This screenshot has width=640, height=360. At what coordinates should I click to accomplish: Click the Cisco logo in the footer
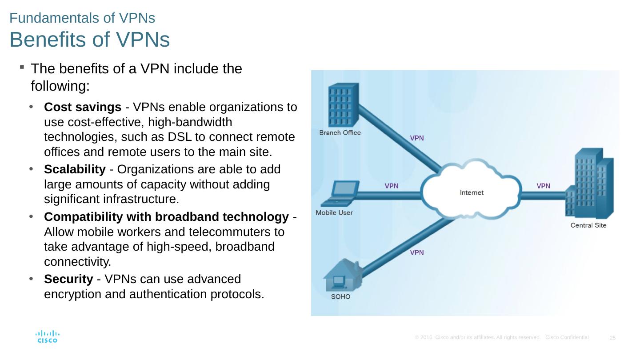pyautogui.click(x=47, y=336)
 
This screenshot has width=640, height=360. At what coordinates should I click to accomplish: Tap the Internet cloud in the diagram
pyautogui.click(x=471, y=192)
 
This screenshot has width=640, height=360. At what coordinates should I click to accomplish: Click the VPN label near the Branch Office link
pyautogui.click(x=416, y=138)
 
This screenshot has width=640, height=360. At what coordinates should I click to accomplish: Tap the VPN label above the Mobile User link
pyautogui.click(x=391, y=186)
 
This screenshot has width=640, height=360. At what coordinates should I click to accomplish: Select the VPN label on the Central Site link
pyautogui.click(x=543, y=186)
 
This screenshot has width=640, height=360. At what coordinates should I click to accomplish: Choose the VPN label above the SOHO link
pyautogui.click(x=416, y=252)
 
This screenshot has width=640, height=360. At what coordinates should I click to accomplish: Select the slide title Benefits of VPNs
pyautogui.click(x=89, y=40)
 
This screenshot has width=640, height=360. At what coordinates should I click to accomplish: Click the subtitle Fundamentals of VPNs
pyautogui.click(x=82, y=18)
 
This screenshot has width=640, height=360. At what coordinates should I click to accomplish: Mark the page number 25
pyautogui.click(x=612, y=338)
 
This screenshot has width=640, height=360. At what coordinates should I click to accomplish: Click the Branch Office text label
pyautogui.click(x=340, y=132)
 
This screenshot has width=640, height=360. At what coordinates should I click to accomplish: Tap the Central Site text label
pyautogui.click(x=588, y=225)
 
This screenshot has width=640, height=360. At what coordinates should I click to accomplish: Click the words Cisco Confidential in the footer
pyautogui.click(x=567, y=337)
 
